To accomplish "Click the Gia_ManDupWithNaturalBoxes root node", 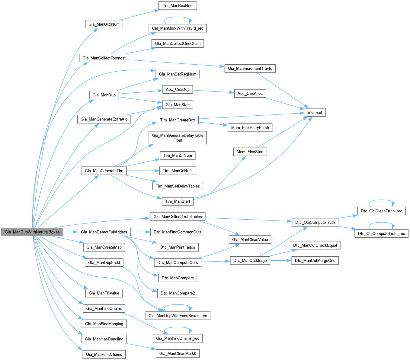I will point(32,232).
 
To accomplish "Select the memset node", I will point(315,112).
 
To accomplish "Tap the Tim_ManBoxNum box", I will point(178,6).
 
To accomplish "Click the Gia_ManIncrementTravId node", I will point(250,68).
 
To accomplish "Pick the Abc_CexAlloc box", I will point(250,93).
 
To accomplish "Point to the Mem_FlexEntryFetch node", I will point(250,127).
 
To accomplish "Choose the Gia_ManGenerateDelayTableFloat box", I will point(178,138).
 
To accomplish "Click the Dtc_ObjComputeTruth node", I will point(315,222).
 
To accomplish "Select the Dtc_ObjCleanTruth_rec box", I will point(381,211).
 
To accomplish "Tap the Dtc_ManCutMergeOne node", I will point(315,260).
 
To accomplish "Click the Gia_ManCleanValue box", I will point(250,239).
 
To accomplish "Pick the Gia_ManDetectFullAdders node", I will point(104,232).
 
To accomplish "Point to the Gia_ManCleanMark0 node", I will point(178,353).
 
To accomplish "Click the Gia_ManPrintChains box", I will point(104,354).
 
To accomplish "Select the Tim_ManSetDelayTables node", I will point(178,186).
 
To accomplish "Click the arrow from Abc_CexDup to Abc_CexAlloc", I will point(213,91).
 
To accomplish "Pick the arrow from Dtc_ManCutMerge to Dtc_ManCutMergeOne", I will point(280,260).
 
